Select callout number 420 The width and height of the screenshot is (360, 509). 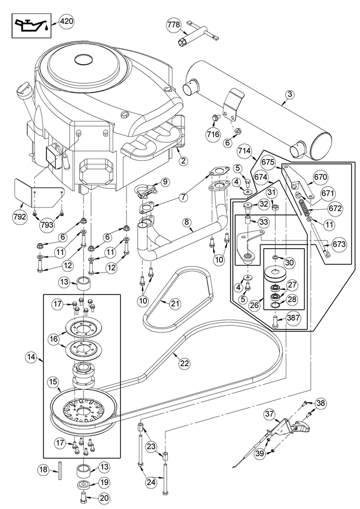point(66,22)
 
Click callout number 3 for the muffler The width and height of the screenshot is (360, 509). point(290,94)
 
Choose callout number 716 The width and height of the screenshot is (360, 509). point(213,134)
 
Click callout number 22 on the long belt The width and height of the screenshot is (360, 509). point(184,363)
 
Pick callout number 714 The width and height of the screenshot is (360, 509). point(244,151)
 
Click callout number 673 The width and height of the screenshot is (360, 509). point(340,244)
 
